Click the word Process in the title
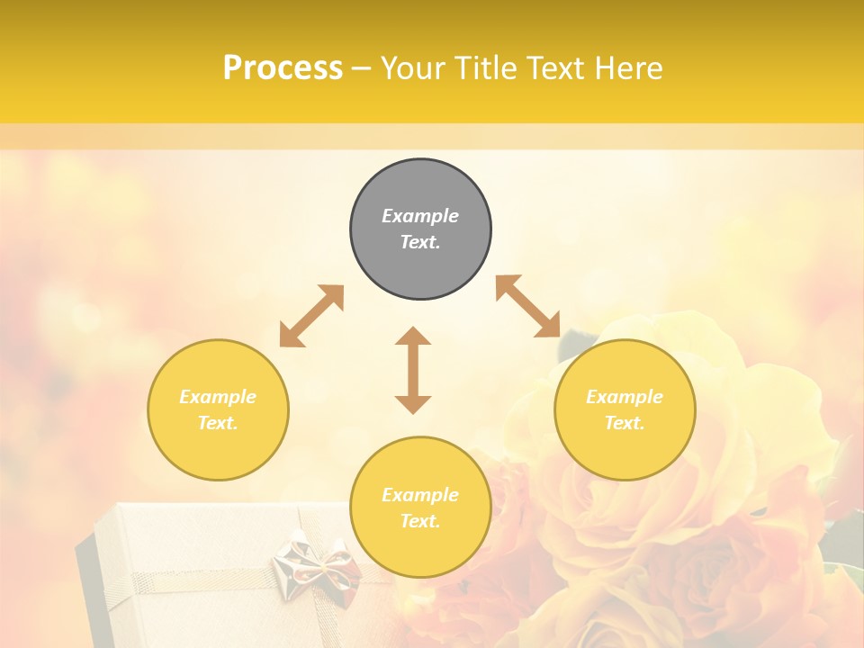point(283,68)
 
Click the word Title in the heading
point(486,68)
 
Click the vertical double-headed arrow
point(413,370)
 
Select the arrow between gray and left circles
point(311,316)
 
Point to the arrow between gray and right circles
point(528,306)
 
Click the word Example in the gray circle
point(420,216)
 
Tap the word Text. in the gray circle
point(420,242)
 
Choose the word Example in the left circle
point(218,397)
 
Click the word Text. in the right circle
point(625,423)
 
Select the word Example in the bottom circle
point(420,495)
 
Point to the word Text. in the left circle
point(218,423)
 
